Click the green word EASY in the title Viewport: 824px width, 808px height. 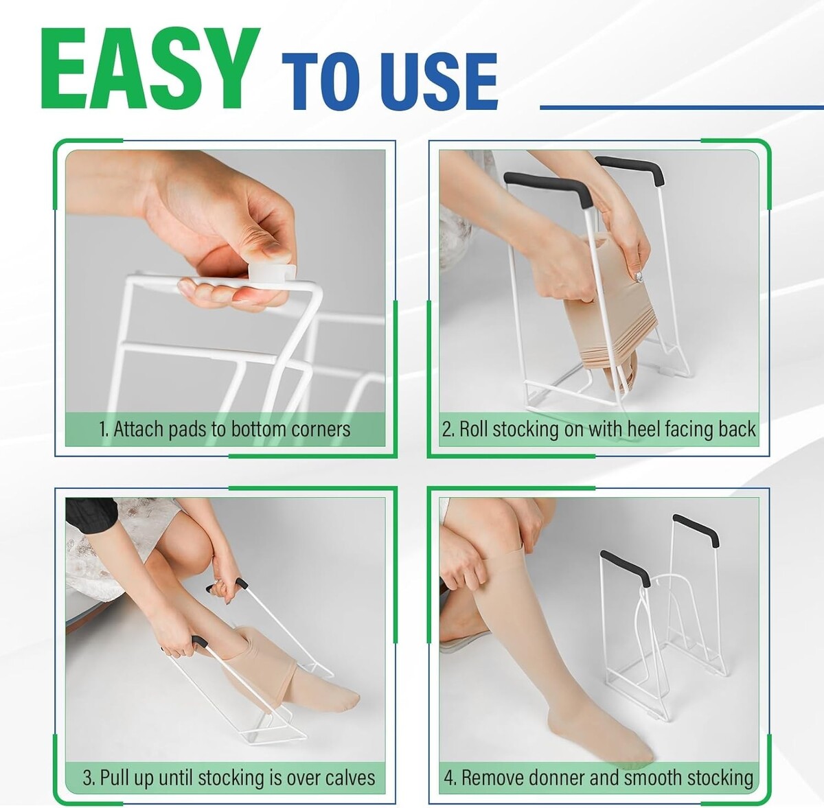pos(150,69)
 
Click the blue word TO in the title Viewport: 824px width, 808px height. pos(323,82)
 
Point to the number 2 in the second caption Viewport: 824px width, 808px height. pos(447,430)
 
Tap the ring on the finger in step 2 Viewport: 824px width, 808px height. pos(639,277)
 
